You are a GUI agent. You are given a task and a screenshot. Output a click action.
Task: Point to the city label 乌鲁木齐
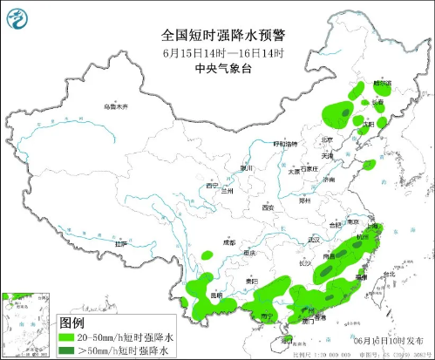point(115,106)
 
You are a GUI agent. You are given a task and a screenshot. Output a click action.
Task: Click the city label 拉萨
point(120,243)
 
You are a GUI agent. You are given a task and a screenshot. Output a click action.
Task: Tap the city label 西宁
point(211,186)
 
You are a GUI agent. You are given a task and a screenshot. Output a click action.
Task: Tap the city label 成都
point(228,243)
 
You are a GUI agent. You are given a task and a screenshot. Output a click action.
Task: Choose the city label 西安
point(268,207)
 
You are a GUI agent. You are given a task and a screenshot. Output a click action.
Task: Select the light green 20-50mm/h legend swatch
point(68,336)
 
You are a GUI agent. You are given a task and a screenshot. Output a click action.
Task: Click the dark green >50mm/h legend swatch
point(68,350)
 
